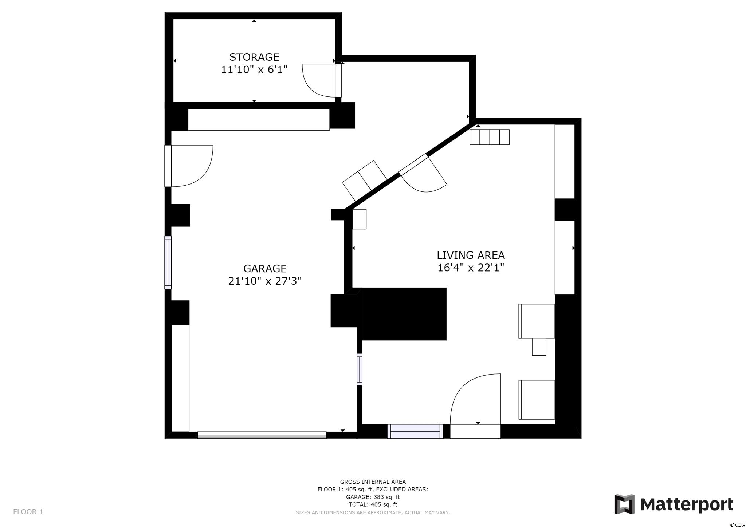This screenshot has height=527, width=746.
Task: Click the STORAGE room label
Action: click(254, 57)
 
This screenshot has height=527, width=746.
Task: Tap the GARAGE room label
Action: click(265, 269)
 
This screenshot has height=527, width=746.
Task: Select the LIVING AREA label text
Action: click(471, 255)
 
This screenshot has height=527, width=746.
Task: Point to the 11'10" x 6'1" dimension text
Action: click(254, 70)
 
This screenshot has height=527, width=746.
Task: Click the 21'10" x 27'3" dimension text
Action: click(265, 281)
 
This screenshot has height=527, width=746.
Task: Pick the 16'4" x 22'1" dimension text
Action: click(471, 268)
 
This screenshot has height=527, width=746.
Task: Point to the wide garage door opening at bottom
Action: click(262, 435)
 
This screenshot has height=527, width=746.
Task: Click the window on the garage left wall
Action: click(168, 262)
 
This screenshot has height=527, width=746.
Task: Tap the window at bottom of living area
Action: click(415, 431)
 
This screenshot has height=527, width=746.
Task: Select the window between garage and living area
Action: click(360, 369)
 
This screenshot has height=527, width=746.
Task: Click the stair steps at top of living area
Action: click(489, 137)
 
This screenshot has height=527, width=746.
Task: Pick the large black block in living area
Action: click(404, 314)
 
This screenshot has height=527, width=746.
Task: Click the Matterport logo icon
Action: click(624, 504)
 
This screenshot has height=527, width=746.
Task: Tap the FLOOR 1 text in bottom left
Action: click(28, 512)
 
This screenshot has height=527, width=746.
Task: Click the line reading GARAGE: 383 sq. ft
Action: click(373, 497)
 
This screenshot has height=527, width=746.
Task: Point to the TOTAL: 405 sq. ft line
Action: click(373, 504)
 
